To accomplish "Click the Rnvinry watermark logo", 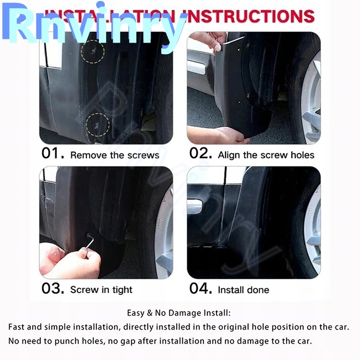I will [96, 26].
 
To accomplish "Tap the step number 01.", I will [52, 154].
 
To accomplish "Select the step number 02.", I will [200, 154].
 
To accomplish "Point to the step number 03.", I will [52, 288].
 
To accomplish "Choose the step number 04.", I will [200, 288].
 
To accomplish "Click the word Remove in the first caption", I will [85, 155].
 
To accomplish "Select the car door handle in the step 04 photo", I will [198, 207].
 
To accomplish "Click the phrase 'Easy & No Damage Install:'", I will [179, 313].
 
